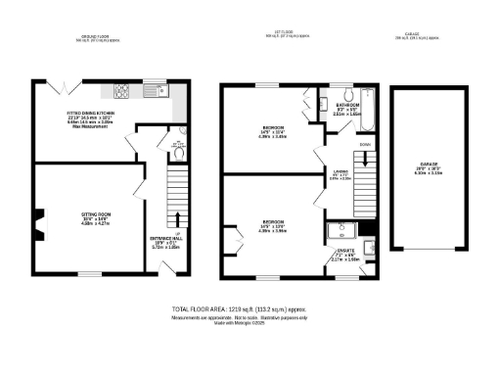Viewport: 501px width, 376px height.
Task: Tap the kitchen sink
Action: (157, 91)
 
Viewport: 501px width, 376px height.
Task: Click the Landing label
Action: (338, 174)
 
